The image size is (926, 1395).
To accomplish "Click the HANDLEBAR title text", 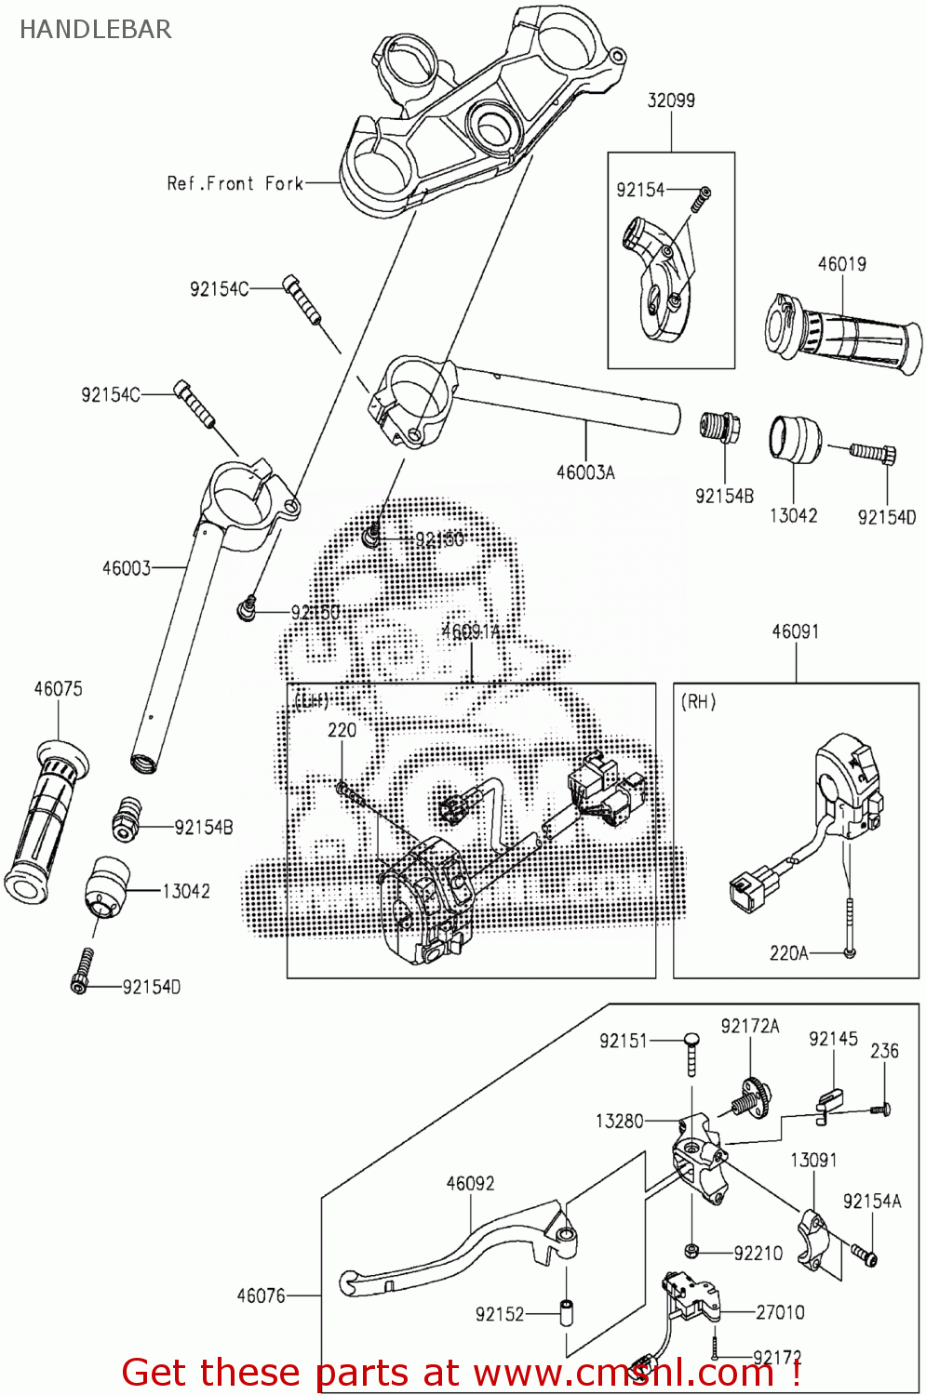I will (95, 29).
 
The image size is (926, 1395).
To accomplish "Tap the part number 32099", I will (671, 100).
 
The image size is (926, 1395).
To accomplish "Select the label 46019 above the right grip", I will (841, 264).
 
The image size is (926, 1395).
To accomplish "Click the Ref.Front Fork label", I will (235, 183).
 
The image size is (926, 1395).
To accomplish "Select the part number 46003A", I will (585, 472).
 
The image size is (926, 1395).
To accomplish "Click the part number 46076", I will (261, 1295).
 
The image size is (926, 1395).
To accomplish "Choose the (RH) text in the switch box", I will (699, 702).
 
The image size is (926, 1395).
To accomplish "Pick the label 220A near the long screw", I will (788, 953).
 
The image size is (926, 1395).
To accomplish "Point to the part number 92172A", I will (749, 1026).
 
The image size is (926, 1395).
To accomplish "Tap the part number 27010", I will (780, 1312).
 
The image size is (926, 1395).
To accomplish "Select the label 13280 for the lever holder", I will (619, 1122).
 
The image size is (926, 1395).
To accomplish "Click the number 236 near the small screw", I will (884, 1051).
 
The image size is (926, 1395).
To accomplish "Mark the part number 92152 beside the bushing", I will (500, 1314).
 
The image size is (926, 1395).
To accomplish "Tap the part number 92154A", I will (872, 1202).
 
